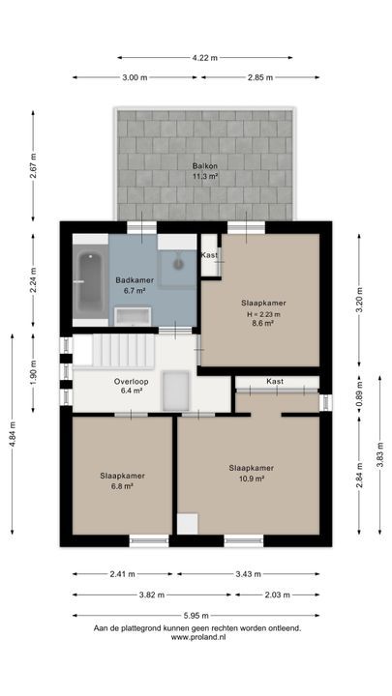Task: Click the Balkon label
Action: pyautogui.click(x=205, y=166)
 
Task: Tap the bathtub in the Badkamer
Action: pyautogui.click(x=91, y=281)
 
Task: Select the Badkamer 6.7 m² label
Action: pyautogui.click(x=135, y=284)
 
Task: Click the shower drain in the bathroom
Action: pyautogui.click(x=178, y=264)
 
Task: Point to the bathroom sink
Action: pyautogui.click(x=133, y=316)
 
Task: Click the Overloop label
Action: pyautogui.click(x=131, y=381)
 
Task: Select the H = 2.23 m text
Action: pyautogui.click(x=263, y=314)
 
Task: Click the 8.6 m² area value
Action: pyautogui.click(x=263, y=323)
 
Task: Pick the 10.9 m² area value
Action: pyautogui.click(x=252, y=478)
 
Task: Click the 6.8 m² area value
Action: pyautogui.click(x=123, y=485)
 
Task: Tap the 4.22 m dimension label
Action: pyautogui.click(x=205, y=58)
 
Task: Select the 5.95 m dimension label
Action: pyautogui.click(x=196, y=615)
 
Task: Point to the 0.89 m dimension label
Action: pyautogui.click(x=359, y=394)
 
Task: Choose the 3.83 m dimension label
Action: pyautogui.click(x=380, y=455)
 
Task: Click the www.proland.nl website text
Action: pyautogui.click(x=198, y=637)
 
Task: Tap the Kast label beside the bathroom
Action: pyautogui.click(x=209, y=255)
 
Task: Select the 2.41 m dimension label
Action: pyautogui.click(x=122, y=574)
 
